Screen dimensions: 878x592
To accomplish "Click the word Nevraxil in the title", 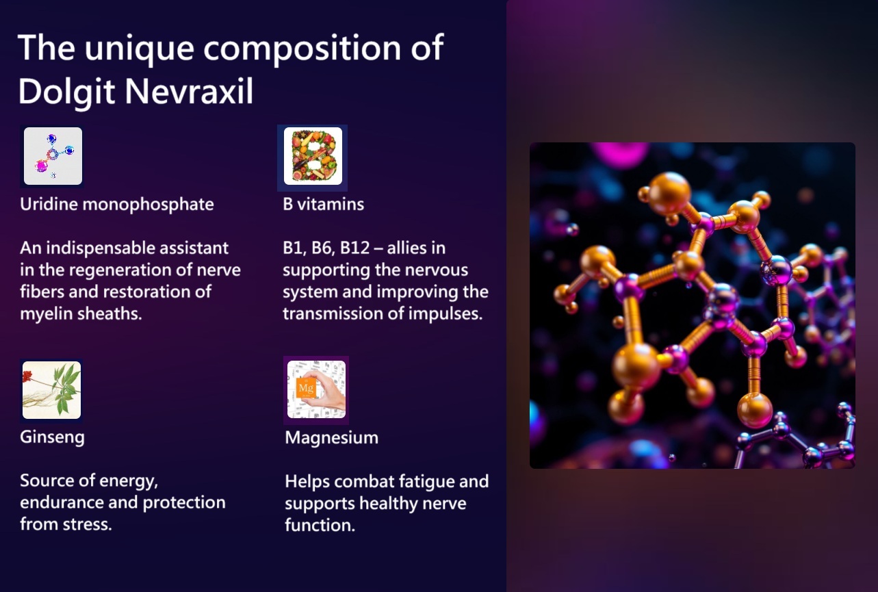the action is coord(189,91).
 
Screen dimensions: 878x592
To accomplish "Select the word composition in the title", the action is coord(302,49).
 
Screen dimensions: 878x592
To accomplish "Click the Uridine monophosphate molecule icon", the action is coord(53,156).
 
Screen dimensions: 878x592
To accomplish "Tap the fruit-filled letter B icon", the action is coord(313,156).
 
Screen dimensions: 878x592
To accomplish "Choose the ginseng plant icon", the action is coord(52,390).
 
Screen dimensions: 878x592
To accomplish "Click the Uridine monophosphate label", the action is coord(117,204).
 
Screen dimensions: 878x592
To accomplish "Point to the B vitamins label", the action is coord(324,204).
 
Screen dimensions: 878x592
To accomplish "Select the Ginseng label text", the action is coord(52,437).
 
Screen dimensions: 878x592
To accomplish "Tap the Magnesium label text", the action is coord(332,437).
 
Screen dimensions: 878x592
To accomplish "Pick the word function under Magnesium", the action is coord(320,525).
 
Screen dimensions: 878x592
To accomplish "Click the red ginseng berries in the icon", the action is coord(27,376).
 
